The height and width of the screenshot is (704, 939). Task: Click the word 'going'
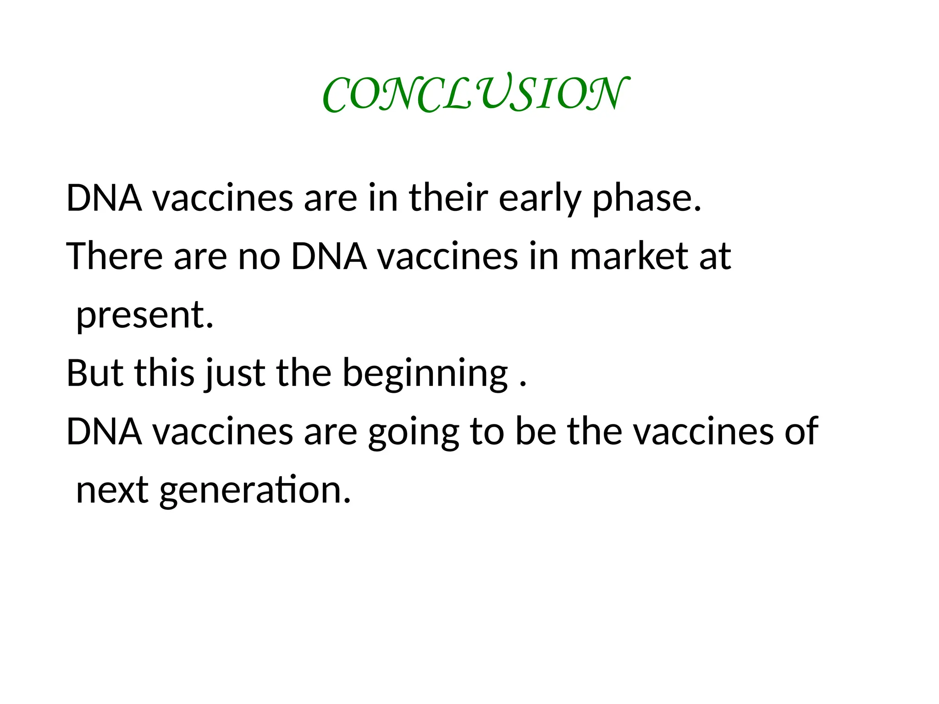point(413,433)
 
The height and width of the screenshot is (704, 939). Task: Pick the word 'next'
point(112,490)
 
